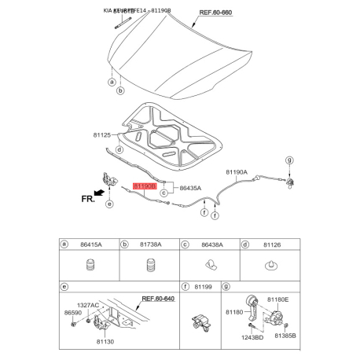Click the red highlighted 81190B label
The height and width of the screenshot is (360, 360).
(x=145, y=187)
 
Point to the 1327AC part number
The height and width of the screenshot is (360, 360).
(x=88, y=305)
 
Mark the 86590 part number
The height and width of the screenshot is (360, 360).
(x=72, y=313)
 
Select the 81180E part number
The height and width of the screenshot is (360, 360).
(x=278, y=299)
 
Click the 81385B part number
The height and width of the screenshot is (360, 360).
(x=286, y=336)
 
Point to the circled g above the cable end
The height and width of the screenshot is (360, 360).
(x=288, y=160)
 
